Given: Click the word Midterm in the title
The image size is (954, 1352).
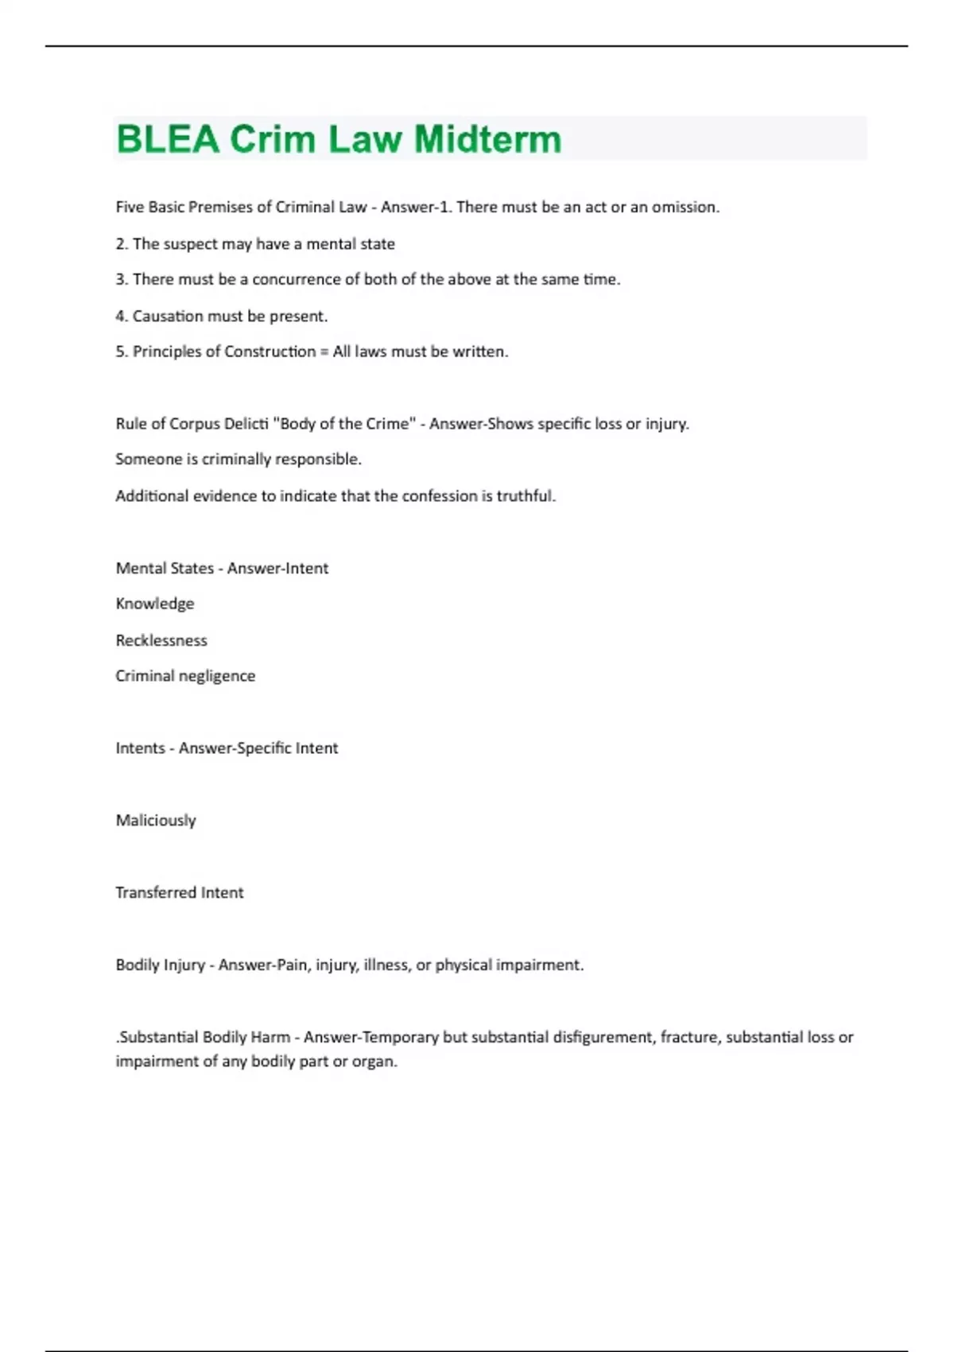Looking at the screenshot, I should coord(487,139).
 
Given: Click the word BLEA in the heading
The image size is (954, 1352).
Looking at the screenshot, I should coord(167,139).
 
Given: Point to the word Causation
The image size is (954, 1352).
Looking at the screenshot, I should coord(167,317).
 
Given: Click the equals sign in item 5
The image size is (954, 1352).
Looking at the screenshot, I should coord(324,352).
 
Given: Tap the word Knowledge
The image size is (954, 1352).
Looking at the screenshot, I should coord(155,604).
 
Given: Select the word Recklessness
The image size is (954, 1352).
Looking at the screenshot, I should coord(161,640).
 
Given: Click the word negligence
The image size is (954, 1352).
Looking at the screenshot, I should coord(218,676).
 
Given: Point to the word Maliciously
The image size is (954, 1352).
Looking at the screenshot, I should coord(156,821).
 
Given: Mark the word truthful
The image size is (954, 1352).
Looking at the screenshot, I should coord(525,496).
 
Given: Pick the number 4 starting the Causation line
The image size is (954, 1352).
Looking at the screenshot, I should coord(120,317).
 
